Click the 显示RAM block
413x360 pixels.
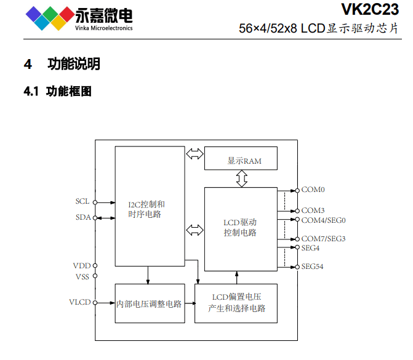click(241, 160)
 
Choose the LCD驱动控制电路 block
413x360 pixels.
click(241, 228)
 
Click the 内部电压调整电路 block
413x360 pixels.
click(150, 303)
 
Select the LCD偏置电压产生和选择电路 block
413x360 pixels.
click(236, 303)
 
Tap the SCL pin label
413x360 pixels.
click(82, 201)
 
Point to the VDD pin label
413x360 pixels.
click(81, 265)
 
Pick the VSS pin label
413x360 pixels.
click(82, 276)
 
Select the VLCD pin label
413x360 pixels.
click(79, 302)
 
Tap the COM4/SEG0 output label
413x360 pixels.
click(323, 220)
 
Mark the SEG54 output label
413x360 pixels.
click(312, 266)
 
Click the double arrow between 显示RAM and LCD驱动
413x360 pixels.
click(241, 178)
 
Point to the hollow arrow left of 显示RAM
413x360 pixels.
click(194, 154)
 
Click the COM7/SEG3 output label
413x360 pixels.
click(323, 238)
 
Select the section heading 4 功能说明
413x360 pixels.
click(62, 63)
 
